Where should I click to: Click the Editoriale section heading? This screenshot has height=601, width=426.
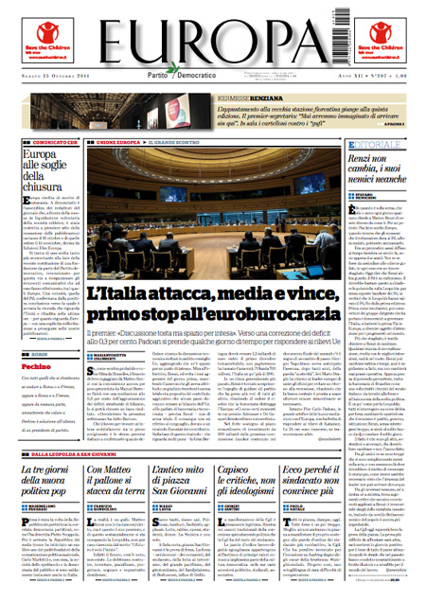(358, 144)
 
